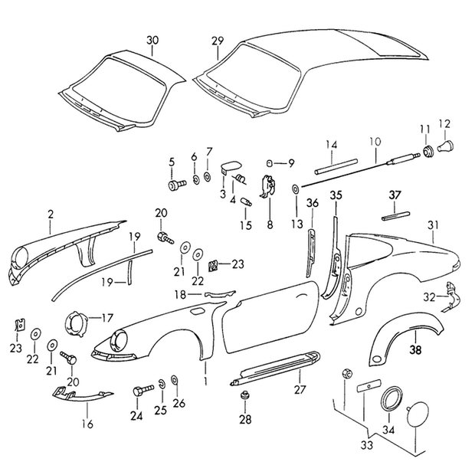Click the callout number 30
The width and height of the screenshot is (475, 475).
click(x=152, y=41)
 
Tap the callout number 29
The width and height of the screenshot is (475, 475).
click(x=218, y=41)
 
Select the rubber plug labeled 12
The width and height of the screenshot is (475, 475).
click(x=446, y=146)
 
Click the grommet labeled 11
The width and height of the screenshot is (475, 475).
click(x=427, y=151)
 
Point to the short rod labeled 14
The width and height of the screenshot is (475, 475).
click(x=336, y=166)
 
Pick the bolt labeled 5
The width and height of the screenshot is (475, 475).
click(x=177, y=185)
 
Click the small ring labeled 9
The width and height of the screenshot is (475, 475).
click(x=269, y=163)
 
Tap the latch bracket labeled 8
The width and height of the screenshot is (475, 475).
click(x=268, y=185)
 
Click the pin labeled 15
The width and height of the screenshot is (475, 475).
click(x=246, y=201)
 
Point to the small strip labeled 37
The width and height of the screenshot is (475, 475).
click(x=395, y=216)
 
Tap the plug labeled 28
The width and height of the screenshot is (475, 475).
click(x=244, y=395)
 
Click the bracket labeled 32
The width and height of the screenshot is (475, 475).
click(x=450, y=297)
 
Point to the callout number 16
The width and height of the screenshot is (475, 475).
click(x=87, y=424)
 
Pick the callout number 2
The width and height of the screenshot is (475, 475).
click(x=51, y=215)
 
